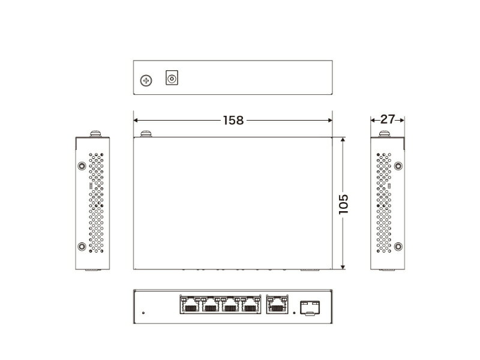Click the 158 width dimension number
coord(232,120)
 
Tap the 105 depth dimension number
coord(343,204)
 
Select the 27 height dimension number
coord(388,119)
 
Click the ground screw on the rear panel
coord(146,80)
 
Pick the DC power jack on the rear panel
coord(172,78)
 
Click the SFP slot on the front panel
coord(309,307)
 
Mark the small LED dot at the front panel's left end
coord(143,311)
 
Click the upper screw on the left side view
coord(81,165)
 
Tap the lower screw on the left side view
coord(81,245)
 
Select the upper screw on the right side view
coord(398,165)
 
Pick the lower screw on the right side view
coord(398,245)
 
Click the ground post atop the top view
coord(144,134)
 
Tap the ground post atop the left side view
coord(94,133)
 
